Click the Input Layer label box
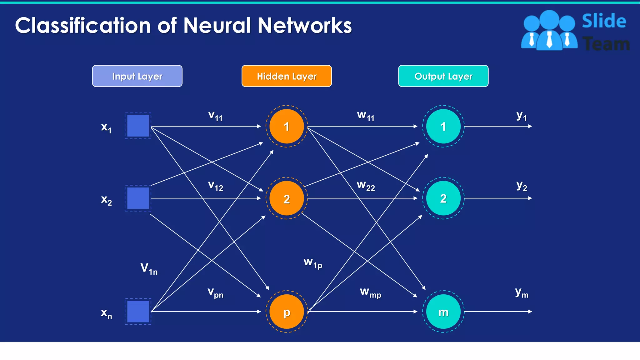click(x=137, y=76)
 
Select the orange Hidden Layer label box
click(x=287, y=76)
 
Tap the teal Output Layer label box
click(x=443, y=76)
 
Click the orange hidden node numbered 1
click(x=287, y=126)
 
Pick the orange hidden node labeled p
click(x=287, y=312)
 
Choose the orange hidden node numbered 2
click(x=287, y=198)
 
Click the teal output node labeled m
click(x=443, y=312)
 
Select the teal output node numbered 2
click(x=443, y=198)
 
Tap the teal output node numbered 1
click(x=443, y=126)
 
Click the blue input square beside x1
click(x=138, y=126)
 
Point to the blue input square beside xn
click(x=138, y=311)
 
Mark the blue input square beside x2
click(x=138, y=198)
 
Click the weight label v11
click(x=215, y=116)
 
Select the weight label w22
click(x=366, y=186)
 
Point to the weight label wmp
click(x=370, y=292)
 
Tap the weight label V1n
click(x=149, y=268)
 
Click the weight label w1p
click(x=313, y=263)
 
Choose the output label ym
click(x=522, y=293)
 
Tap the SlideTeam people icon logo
click(x=549, y=31)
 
